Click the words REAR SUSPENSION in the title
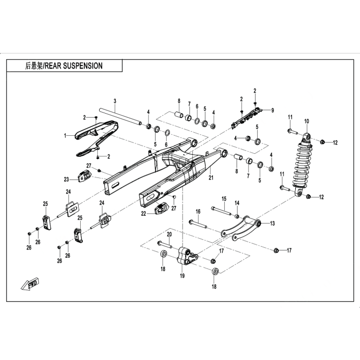[x=74, y=66]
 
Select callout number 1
[x=65, y=136]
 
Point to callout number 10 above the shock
[x=307, y=121]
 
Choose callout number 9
[x=273, y=110]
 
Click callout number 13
[x=272, y=224]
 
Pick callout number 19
[x=182, y=276]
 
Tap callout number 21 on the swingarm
[x=210, y=178]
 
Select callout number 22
[x=143, y=213]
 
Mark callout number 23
[x=66, y=179]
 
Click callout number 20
[x=169, y=235]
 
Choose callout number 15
[x=224, y=199]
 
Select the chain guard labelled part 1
[x=95, y=135]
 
